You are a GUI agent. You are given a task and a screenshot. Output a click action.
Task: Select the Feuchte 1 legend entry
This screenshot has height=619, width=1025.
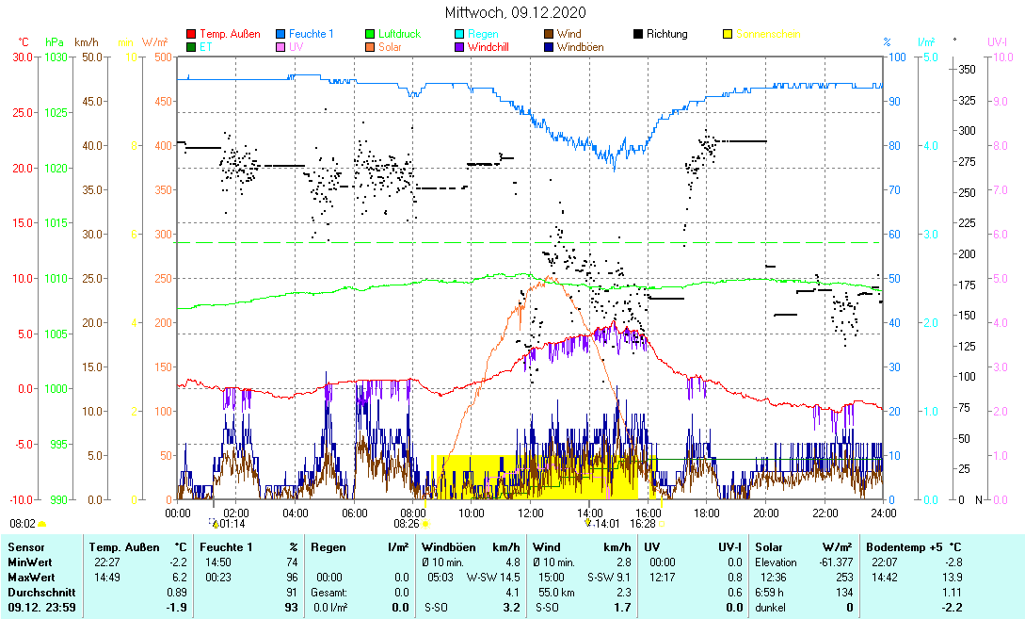pyautogui.click(x=310, y=34)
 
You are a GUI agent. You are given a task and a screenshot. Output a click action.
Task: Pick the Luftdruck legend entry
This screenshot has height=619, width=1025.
pyautogui.click(x=398, y=34)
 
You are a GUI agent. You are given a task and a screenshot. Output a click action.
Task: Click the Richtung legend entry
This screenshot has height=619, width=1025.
pyautogui.click(x=666, y=34)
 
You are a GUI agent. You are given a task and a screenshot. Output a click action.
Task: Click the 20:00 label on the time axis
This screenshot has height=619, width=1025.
pyautogui.click(x=766, y=513)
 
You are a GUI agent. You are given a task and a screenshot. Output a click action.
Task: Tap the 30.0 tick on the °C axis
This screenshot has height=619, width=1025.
pyautogui.click(x=20, y=57)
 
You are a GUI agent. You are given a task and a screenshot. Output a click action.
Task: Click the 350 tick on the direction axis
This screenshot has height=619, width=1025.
pyautogui.click(x=966, y=69)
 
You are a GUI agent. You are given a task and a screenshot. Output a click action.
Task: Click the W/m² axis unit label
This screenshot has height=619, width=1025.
pyautogui.click(x=155, y=42)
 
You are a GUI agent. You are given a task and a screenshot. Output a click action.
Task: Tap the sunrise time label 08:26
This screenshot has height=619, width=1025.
pyautogui.click(x=407, y=523)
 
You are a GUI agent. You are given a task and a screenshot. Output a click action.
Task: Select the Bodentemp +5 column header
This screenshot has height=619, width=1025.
pyautogui.click(x=913, y=546)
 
